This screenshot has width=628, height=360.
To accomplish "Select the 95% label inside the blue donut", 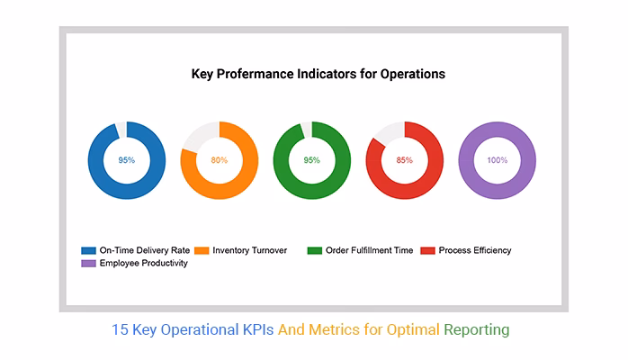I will [126, 160].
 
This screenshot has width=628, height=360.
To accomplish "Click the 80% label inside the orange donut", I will [220, 160].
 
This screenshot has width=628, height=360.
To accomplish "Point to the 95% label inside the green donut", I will [312, 160].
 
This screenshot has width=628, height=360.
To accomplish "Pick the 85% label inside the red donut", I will [405, 160].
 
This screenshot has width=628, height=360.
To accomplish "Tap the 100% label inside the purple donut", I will [498, 160].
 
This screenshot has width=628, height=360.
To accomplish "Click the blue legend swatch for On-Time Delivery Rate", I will [88, 250].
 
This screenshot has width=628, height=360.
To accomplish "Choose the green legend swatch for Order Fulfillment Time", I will [315, 250].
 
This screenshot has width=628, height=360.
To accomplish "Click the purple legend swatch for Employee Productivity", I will [88, 263].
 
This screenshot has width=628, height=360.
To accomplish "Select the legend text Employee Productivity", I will [143, 263].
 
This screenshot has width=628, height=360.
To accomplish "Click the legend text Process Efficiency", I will [475, 250].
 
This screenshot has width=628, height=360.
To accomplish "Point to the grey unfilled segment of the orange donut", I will [201, 135].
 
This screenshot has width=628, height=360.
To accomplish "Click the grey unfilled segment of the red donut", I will [390, 131].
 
